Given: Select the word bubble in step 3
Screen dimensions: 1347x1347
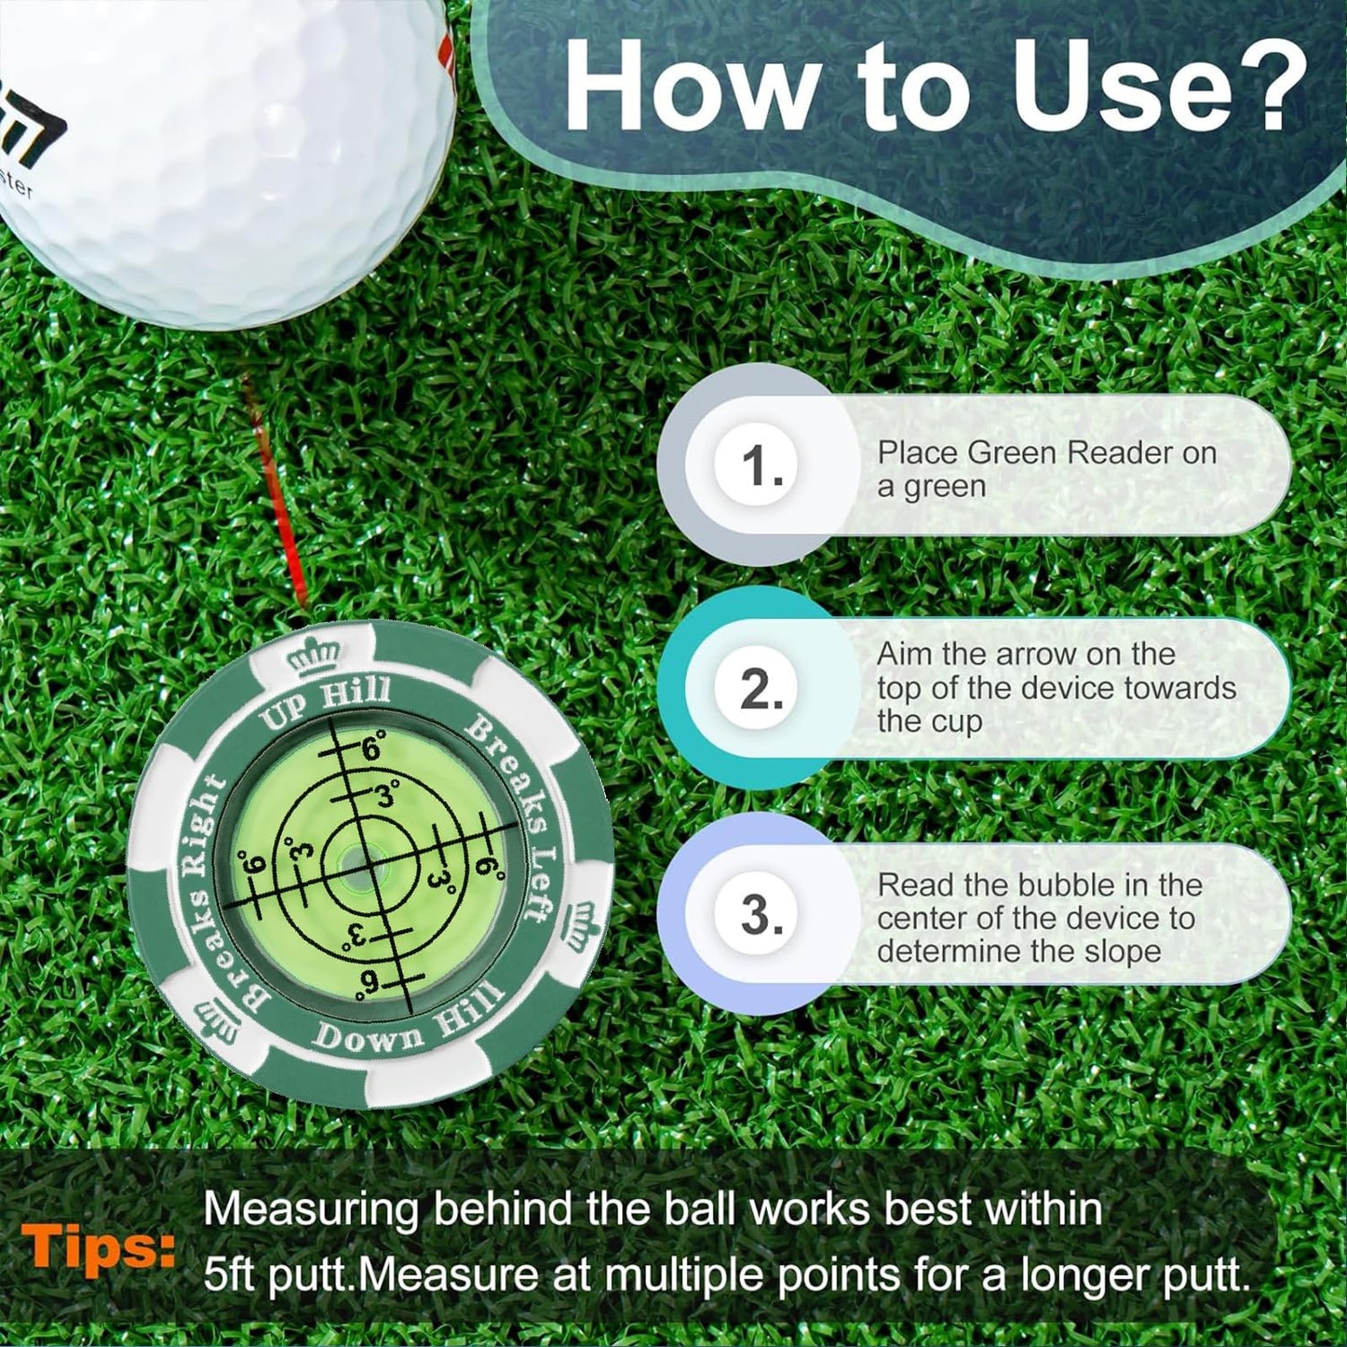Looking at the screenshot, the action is (x=1070, y=885).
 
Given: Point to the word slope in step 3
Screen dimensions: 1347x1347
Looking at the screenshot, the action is (x=1122, y=951).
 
